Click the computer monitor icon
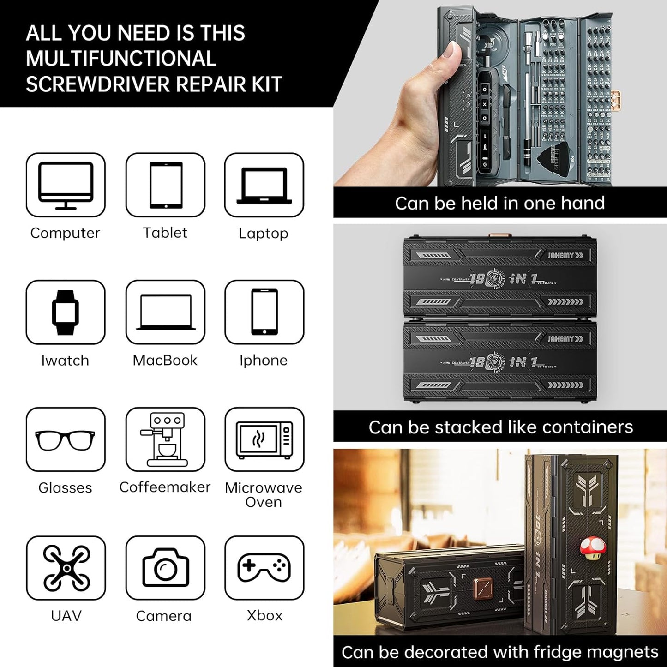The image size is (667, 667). point(66,185)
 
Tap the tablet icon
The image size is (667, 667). point(165,185)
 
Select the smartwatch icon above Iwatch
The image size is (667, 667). point(66,312)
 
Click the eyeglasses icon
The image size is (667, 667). point(66,440)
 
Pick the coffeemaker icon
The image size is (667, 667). point(165,440)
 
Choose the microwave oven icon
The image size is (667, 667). point(264,440)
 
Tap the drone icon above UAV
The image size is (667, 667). point(66,568)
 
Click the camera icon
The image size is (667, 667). point(165,568)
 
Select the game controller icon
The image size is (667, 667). point(264,568)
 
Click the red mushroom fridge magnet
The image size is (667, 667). point(591,548)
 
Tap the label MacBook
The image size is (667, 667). point(165,360)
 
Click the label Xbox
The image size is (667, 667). point(264,615)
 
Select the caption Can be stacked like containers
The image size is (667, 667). point(500,427)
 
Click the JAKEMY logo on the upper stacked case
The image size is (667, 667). point(565,255)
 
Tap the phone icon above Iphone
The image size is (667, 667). point(264,312)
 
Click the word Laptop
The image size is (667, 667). point(263,233)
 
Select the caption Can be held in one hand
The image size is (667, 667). point(499,203)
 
